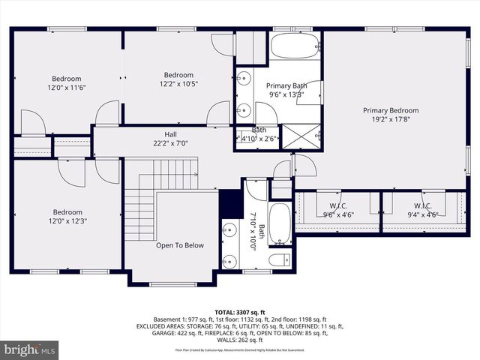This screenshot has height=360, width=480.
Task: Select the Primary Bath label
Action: click(286, 85)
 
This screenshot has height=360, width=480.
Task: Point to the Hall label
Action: click(170, 133)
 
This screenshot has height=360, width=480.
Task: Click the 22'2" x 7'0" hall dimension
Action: click(170, 143)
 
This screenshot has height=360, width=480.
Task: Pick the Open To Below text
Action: click(179, 245)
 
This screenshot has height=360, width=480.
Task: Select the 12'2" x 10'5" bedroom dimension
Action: click(178, 84)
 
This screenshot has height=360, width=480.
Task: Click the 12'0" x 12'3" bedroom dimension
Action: click(66, 222)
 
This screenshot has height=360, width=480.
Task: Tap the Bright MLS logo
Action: click(29, 349)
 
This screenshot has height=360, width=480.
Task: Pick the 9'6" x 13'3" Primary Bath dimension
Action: click(286, 94)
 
